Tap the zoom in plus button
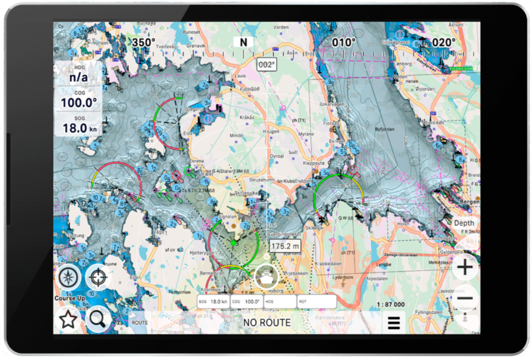[x=465, y=268]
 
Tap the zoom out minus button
[x=465, y=299]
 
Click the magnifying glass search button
[x=97, y=319]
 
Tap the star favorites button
[x=68, y=319]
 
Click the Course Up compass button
[x=69, y=277]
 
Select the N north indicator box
[x=243, y=42]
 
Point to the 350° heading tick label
[x=143, y=42]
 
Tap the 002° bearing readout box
[x=266, y=65]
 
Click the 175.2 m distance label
[x=284, y=247]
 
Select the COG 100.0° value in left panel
[x=78, y=103]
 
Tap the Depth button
[x=464, y=223]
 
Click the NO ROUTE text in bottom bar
[x=267, y=322]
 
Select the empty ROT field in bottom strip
[x=316, y=302]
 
